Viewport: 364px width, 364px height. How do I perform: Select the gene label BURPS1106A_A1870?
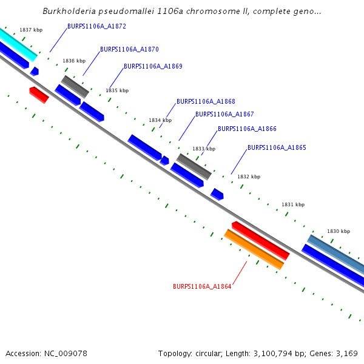coord(129,49)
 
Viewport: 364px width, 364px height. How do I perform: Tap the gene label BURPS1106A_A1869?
coord(153,66)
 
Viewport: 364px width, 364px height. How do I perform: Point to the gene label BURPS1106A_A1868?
coord(206,101)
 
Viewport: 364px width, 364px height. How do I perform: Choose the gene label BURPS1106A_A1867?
coord(224,114)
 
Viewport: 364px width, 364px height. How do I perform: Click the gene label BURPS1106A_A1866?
coord(247,129)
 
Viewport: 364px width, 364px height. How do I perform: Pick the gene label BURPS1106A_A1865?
coord(277,147)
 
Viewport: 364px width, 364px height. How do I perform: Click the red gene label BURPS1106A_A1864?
coord(202,286)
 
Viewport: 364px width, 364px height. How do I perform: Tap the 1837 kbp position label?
coord(31,30)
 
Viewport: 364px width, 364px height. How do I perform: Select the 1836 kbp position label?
coord(74,61)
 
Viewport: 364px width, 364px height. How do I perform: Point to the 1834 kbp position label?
coord(160,120)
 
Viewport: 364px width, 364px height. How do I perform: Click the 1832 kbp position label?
coord(249,177)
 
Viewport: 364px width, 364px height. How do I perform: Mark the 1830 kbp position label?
coord(339,231)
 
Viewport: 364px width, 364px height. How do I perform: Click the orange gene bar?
coord(254,249)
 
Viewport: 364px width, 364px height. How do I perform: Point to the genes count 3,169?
coord(346,353)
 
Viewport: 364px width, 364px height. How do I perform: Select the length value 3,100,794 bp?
coord(283,353)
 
